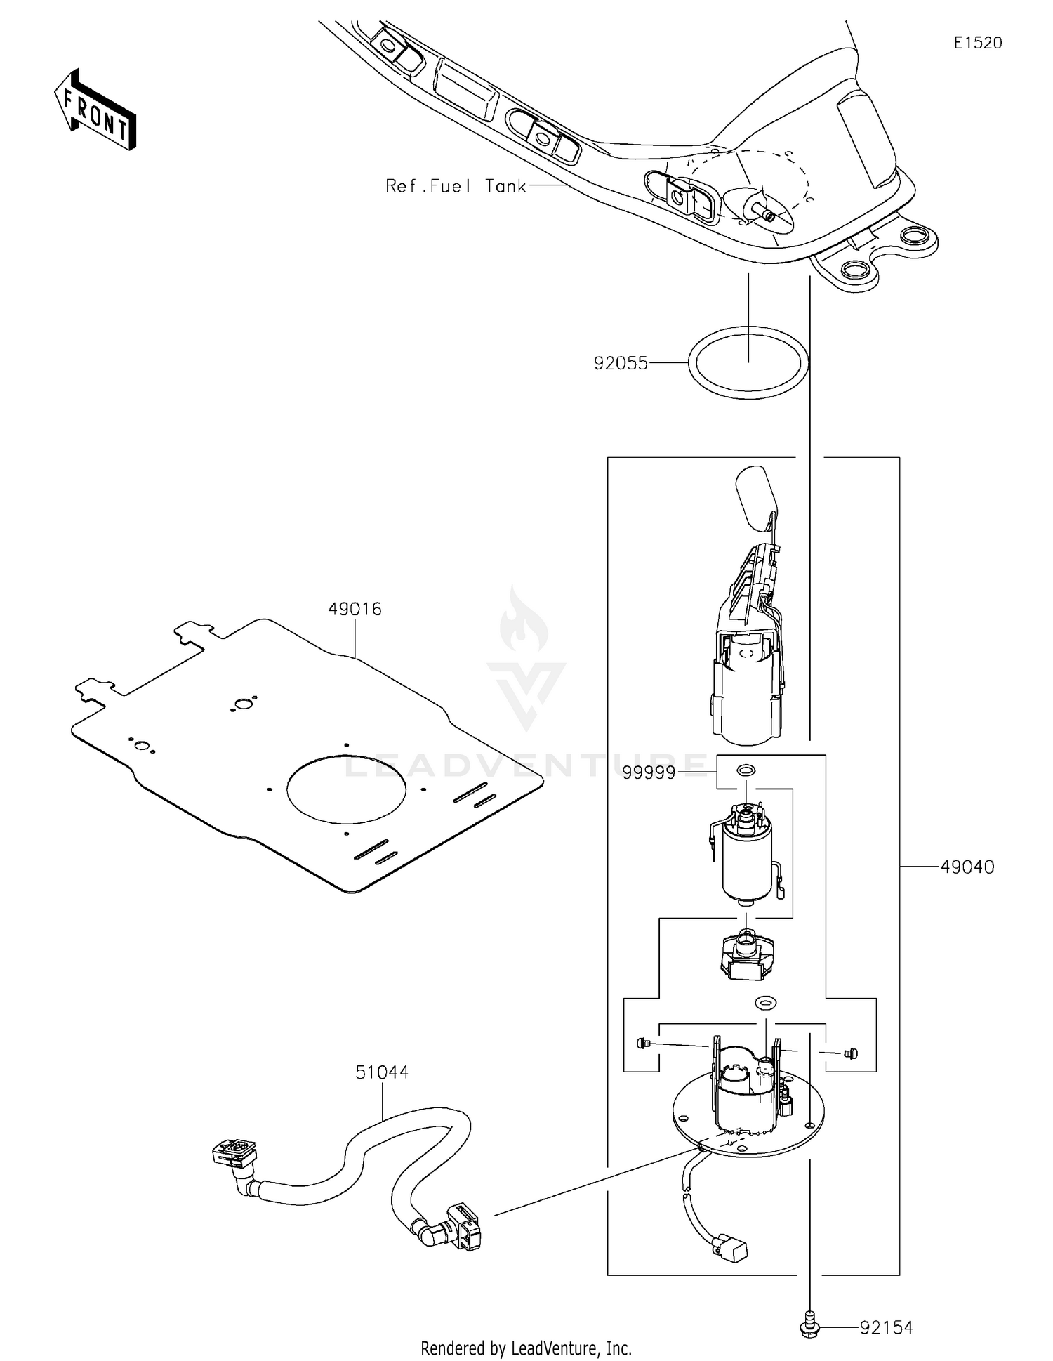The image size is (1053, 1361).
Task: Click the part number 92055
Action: (621, 363)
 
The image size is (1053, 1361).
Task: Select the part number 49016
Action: (355, 609)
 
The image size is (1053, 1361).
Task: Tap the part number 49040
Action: (967, 867)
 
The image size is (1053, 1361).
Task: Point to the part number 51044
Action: (382, 1072)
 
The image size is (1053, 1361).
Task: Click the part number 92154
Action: (886, 1328)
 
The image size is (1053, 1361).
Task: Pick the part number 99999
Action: (649, 773)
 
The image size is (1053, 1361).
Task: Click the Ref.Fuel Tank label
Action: (456, 186)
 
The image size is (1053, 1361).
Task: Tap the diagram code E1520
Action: (978, 43)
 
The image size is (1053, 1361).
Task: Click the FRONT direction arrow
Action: (95, 112)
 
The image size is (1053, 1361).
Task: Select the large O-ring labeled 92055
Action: (748, 362)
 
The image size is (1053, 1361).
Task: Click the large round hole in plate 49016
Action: (346, 789)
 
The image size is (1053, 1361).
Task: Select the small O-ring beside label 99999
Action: (746, 771)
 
